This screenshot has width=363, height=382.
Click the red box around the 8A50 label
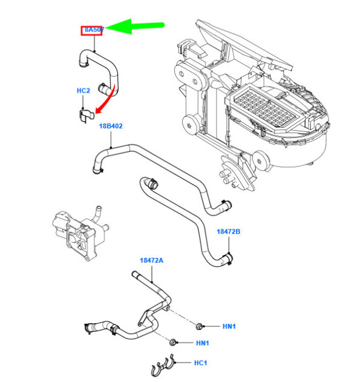tap(93, 30)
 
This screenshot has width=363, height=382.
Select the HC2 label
tap(83, 91)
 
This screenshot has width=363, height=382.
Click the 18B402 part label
tap(111, 126)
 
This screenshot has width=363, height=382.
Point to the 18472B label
tap(229, 231)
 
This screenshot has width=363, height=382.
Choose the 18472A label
tap(151, 260)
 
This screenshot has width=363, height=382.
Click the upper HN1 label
tap(229, 327)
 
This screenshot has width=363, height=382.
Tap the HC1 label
tap(200, 363)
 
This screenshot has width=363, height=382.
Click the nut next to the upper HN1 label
tap(199, 327)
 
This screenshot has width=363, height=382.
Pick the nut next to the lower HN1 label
tap(174, 343)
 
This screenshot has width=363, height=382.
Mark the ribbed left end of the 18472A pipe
tap(90, 327)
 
